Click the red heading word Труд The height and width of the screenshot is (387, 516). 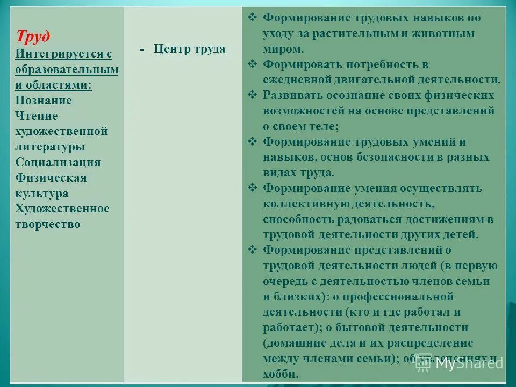point(33,37)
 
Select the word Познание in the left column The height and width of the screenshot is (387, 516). point(44,101)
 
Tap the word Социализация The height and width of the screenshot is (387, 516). point(58,162)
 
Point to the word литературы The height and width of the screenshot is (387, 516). point(50,147)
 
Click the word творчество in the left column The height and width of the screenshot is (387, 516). point(48,224)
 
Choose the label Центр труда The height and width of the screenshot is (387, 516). point(189,49)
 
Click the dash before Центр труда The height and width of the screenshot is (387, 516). point(142,49)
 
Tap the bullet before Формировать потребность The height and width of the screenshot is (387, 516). point(253,64)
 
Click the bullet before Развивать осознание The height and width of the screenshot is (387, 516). point(253,95)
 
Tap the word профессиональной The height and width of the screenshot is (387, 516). point(403,297)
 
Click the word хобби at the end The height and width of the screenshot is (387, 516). point(281,374)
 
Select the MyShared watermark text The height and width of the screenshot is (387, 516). point(469,363)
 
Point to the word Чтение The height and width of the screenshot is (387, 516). point(37,116)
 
